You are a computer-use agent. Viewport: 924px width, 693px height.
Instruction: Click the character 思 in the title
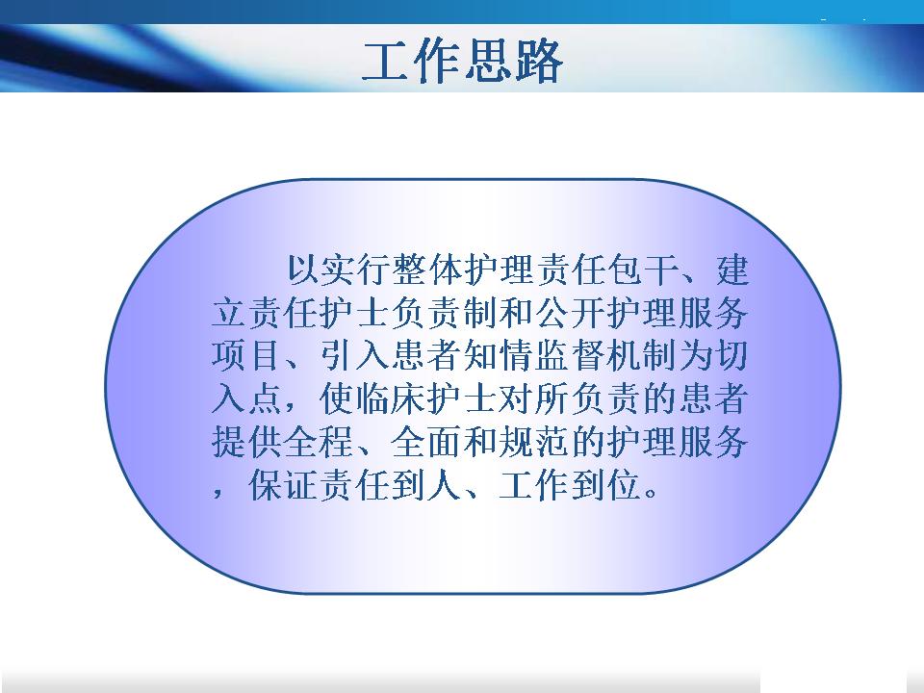pos(486,62)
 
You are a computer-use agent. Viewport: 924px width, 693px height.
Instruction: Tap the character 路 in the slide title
pos(537,62)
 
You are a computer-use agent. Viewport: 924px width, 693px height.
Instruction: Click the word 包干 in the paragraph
pos(644,269)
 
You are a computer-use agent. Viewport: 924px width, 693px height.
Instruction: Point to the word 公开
pos(572,312)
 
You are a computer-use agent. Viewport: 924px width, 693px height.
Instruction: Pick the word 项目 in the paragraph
pos(247,355)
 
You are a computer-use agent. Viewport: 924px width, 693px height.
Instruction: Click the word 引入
pos(355,355)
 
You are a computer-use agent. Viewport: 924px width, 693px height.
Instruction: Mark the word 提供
pos(247,442)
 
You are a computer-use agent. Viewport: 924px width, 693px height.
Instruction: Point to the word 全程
pos(320,442)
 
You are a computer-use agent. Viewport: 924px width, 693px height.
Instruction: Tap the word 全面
pos(427,442)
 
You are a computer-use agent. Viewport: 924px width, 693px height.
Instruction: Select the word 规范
pos(535,442)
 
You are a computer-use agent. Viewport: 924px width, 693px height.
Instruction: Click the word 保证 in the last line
pos(283,485)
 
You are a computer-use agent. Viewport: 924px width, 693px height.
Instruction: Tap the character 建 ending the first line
pos(733,269)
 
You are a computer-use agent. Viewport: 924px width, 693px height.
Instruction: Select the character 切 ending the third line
pos(731,355)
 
